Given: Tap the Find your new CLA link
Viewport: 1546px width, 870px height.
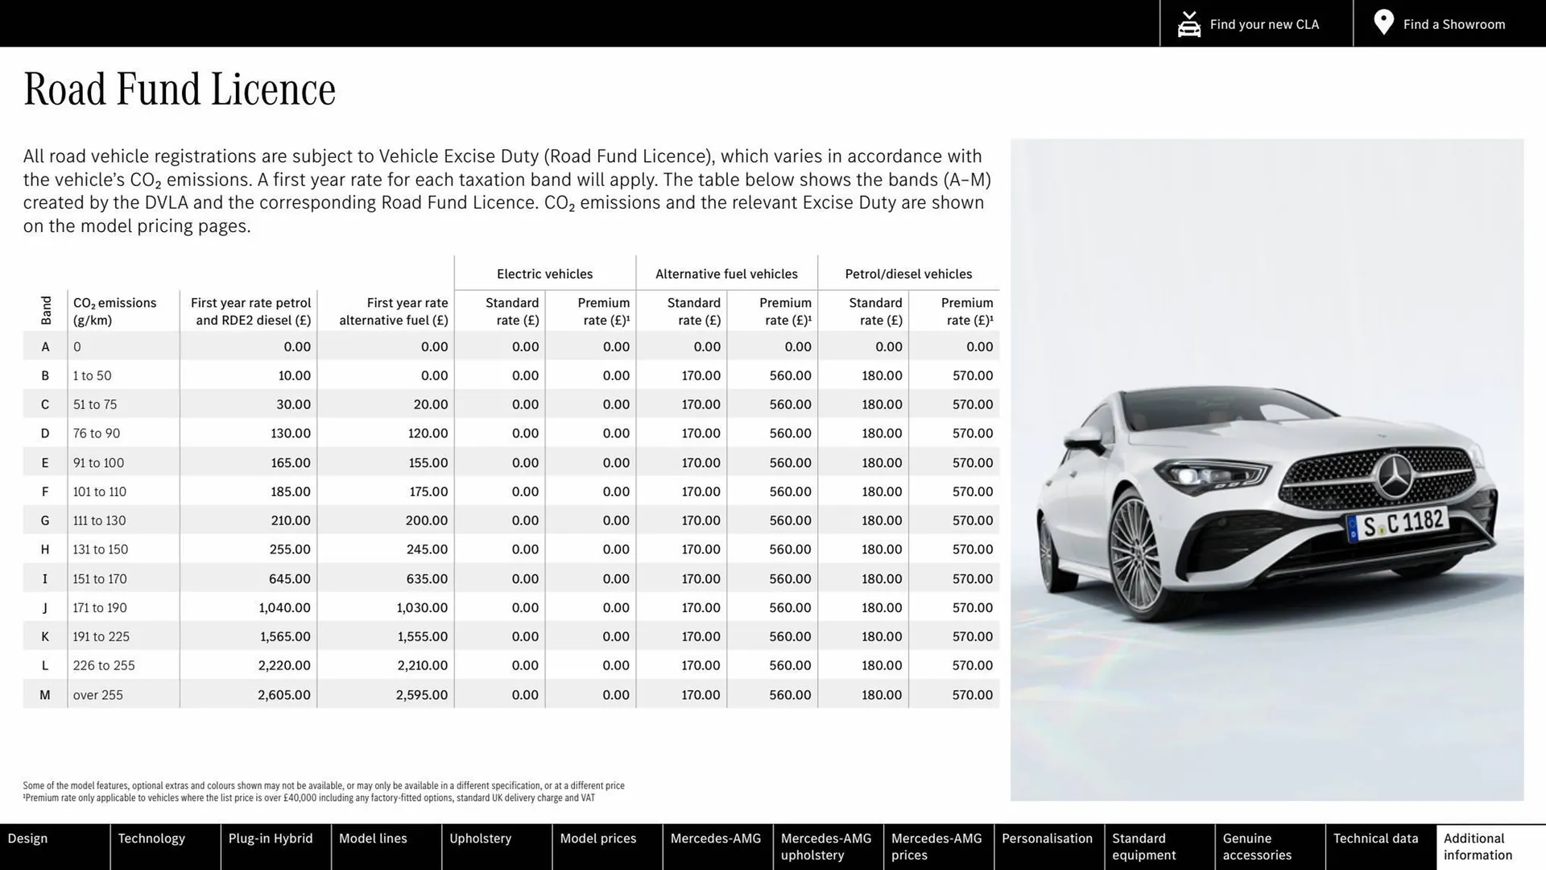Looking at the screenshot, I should tap(1249, 24).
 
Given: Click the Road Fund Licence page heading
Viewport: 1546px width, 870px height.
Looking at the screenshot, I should tap(180, 89).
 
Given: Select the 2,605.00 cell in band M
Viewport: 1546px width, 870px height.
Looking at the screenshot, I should tap(284, 694).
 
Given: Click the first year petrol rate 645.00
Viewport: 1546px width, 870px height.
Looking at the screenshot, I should tap(290, 578).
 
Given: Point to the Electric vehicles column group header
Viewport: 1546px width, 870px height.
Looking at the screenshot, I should tap(544, 274).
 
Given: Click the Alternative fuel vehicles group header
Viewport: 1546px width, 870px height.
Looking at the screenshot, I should tap(726, 274).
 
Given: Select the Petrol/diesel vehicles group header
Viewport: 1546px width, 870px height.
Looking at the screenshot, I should tap(908, 274).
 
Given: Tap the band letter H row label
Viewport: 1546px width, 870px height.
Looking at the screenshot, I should tap(45, 549).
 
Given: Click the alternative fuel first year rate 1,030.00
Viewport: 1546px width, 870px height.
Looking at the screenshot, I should tap(422, 607).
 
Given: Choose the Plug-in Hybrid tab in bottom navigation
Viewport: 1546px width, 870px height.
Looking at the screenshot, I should tap(271, 839).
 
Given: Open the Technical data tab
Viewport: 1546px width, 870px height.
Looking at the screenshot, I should tap(1375, 839).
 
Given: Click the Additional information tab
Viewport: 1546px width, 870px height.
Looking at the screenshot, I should tap(1478, 847).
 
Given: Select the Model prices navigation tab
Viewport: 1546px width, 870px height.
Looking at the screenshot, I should tap(597, 839).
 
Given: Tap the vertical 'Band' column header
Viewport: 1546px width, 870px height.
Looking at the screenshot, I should tap(46, 310).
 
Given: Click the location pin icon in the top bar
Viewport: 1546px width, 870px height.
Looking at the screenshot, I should tap(1383, 23).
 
